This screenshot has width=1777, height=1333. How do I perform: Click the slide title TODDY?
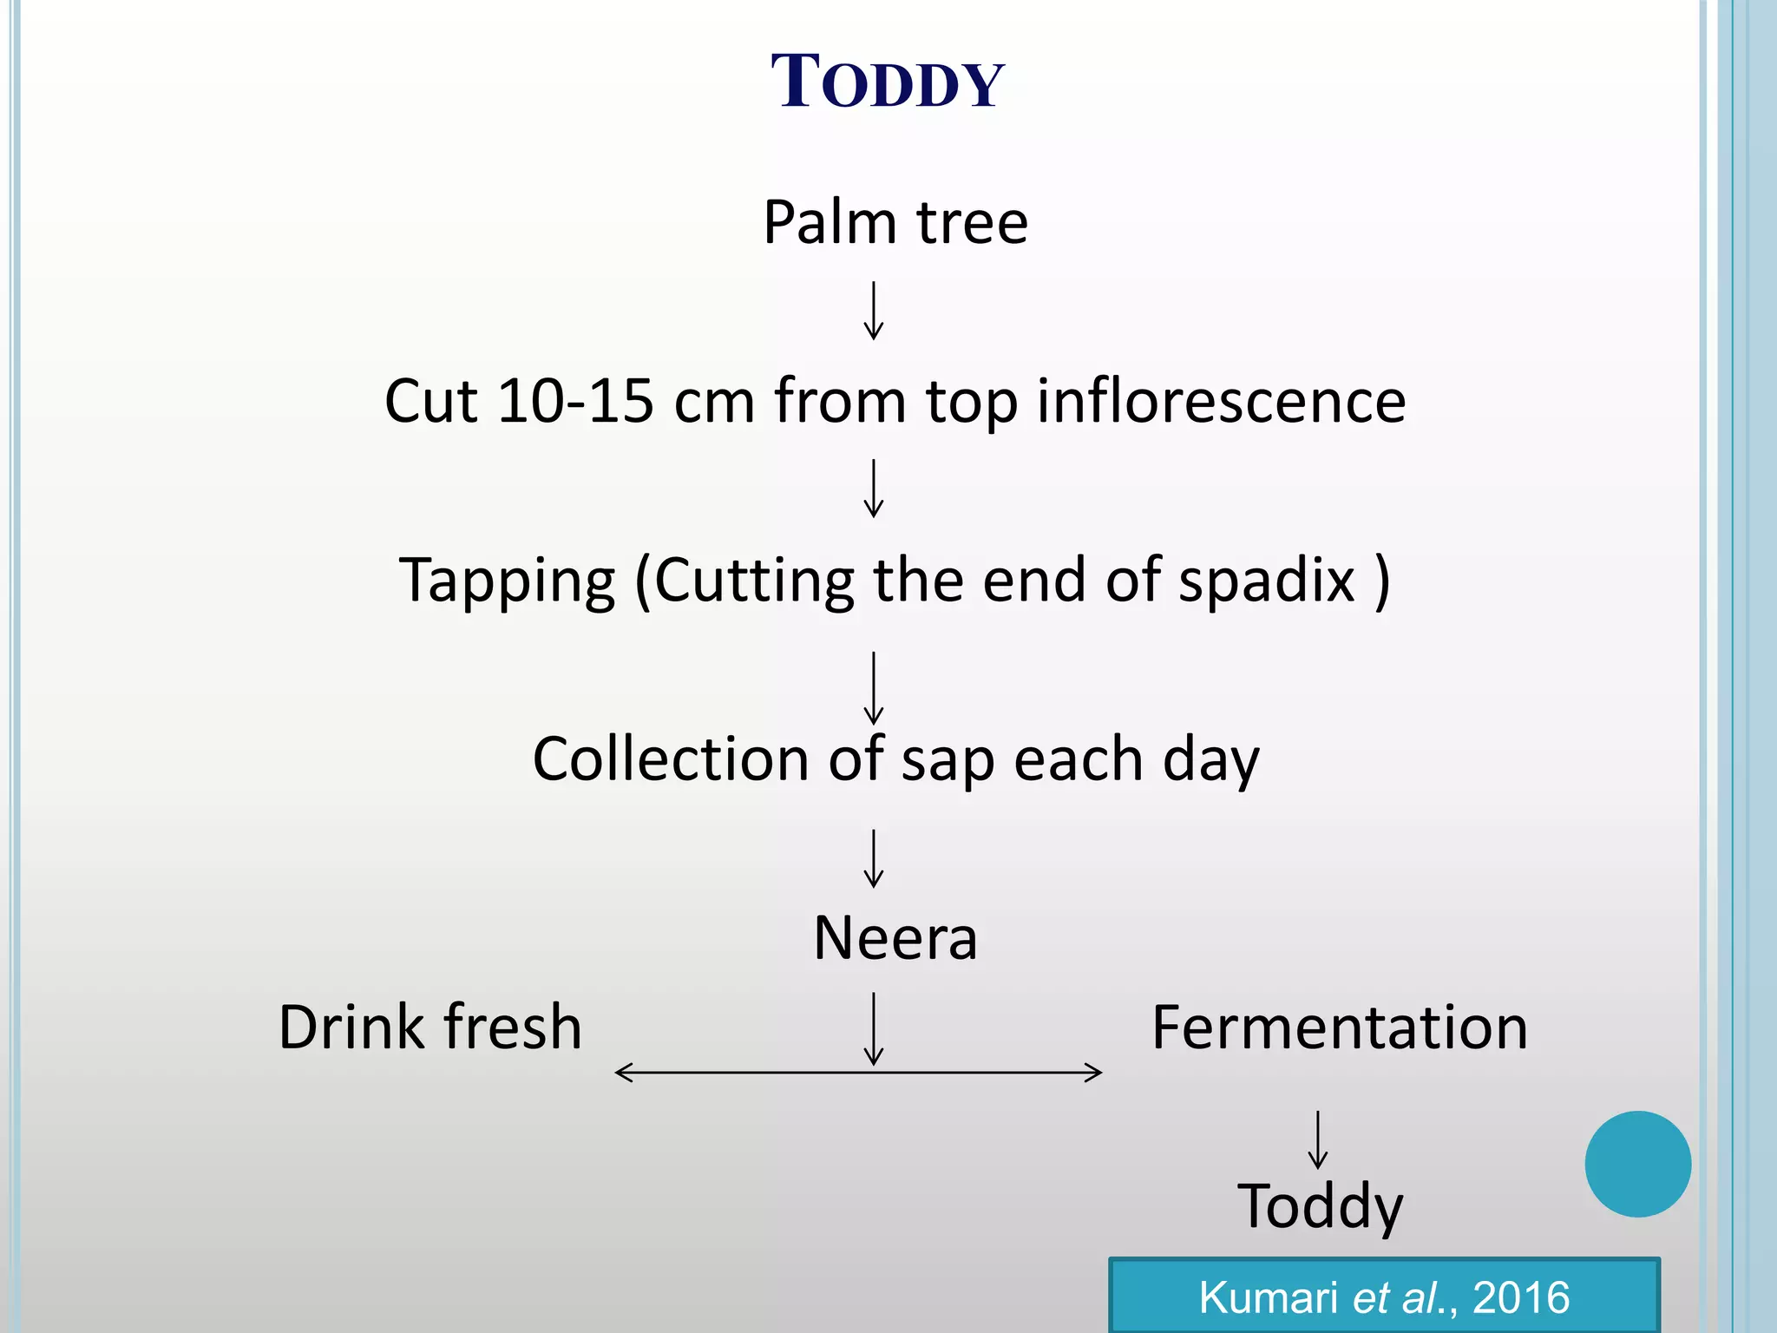[888, 82]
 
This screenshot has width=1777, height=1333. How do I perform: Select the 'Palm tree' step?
[895, 222]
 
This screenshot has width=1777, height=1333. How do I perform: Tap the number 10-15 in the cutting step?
[574, 401]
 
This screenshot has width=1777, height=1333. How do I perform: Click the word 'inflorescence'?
[1221, 401]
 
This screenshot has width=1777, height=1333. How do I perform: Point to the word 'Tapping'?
[507, 581]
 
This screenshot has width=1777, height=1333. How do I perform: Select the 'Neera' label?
[895, 938]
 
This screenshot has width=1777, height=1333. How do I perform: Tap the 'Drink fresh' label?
[429, 1028]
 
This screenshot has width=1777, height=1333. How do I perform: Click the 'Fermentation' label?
[1339, 1028]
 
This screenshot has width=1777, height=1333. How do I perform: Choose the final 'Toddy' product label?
[1319, 1206]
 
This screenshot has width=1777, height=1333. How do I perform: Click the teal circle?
[1637, 1164]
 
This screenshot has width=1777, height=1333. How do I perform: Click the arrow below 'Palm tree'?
[874, 311]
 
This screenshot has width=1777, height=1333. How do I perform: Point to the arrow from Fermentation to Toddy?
[1317, 1139]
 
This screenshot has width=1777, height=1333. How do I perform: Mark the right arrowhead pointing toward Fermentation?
[1094, 1073]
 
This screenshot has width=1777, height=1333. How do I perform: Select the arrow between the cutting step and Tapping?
[874, 489]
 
